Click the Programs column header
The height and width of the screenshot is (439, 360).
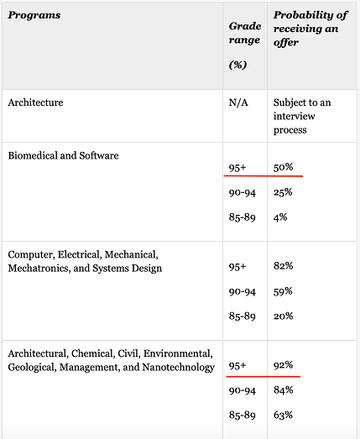point(34,15)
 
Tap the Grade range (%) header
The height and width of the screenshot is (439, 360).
point(245,45)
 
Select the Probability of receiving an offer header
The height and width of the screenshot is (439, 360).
point(310,29)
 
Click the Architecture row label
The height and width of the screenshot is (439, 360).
point(35,102)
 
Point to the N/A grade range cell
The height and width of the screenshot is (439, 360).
point(238,102)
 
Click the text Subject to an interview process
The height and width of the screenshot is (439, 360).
point(302,116)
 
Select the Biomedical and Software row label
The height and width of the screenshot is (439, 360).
point(63,155)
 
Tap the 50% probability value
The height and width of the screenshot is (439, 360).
point(284,167)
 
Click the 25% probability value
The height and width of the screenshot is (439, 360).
point(283,192)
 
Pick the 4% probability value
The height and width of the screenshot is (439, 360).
point(280,217)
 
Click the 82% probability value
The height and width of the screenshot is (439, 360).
point(284,266)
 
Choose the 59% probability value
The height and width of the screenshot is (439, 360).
point(283,291)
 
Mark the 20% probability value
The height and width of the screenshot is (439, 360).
point(284,316)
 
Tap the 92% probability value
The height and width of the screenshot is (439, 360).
point(284,365)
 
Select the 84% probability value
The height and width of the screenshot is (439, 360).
point(284,390)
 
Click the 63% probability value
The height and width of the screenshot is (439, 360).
point(283,415)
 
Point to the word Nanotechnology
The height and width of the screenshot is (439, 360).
point(178,368)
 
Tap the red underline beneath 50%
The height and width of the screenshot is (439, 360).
point(263,176)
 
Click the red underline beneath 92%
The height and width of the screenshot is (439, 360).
point(263,377)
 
